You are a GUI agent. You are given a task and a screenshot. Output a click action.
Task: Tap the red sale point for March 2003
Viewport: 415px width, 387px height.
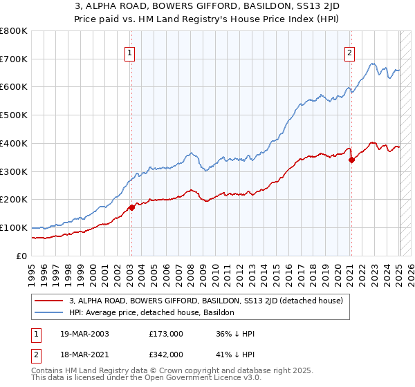point(131,207)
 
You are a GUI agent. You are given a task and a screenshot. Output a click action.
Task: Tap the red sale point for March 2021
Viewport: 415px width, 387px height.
point(351,160)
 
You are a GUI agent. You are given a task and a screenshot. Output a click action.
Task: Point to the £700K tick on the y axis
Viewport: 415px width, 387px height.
point(15,59)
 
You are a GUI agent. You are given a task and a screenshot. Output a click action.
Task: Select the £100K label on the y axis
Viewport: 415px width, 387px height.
point(15,227)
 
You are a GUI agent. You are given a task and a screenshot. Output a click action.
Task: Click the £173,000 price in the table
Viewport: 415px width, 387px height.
point(165,334)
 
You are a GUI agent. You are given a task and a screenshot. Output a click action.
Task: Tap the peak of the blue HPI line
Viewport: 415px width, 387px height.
point(373,64)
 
